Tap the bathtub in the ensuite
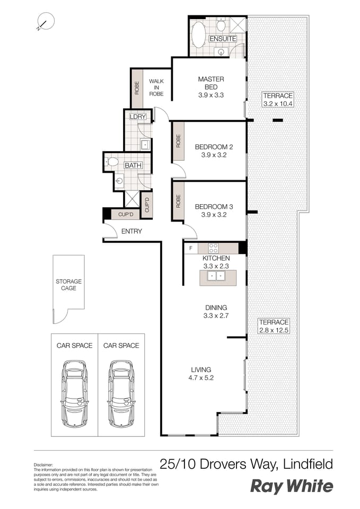tap(198, 36)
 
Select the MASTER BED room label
tap(211, 79)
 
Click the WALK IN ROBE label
tap(156, 87)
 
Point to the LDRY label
tap(137, 117)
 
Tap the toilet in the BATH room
tap(112, 162)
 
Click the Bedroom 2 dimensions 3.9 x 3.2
tap(214, 156)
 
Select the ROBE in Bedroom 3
tap(178, 201)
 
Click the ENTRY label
tap(131, 231)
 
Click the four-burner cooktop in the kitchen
tap(213, 248)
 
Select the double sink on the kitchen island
tap(217, 276)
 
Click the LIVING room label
tap(201, 370)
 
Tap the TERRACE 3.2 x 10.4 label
tap(278, 100)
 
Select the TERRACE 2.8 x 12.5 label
tap(274, 326)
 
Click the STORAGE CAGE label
tap(68, 285)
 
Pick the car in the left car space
tap(74, 393)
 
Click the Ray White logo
tap(291, 486)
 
